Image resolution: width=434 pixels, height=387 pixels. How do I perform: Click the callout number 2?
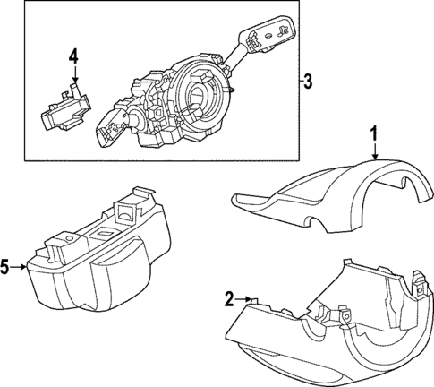[229, 298]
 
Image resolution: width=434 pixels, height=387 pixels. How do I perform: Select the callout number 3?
[307, 83]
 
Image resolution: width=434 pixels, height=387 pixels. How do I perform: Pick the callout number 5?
[7, 266]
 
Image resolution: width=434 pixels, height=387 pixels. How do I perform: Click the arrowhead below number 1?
[376, 157]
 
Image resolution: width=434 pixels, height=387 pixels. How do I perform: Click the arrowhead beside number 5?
[26, 266]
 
